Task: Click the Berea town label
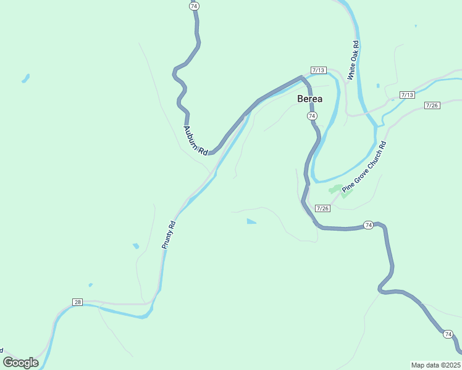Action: [309, 99]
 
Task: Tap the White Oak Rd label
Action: [353, 60]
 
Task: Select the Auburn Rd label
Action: [195, 140]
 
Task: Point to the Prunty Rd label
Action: [169, 234]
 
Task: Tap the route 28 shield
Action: [77, 302]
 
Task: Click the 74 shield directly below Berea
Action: [312, 116]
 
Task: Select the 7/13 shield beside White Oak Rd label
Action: [319, 70]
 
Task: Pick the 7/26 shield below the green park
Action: [322, 208]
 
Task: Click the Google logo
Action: [20, 363]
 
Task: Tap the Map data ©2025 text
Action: [435, 365]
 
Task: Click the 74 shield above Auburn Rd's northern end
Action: [195, 6]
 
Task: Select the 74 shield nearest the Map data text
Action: [448, 334]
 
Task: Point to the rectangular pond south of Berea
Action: [251, 221]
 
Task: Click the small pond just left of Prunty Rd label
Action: [135, 246]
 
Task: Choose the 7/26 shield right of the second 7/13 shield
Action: [432, 106]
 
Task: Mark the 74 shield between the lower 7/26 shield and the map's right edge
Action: [368, 225]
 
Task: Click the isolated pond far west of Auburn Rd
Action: [26, 78]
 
